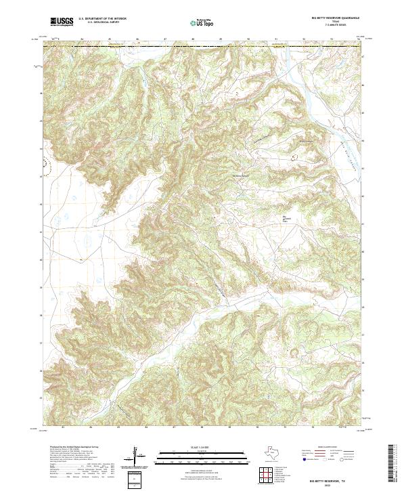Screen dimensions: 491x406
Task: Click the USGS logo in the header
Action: [x=62, y=22]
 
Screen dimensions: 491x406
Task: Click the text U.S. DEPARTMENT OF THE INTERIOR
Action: [x=102, y=20]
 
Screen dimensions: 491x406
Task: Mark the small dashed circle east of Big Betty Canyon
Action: [x=294, y=156]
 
